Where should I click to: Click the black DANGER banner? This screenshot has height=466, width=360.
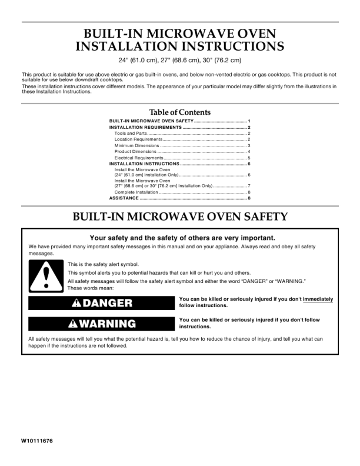[x=99, y=304]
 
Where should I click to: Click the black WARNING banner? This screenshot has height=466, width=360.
[x=99, y=324]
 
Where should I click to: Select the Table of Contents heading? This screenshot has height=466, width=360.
[x=180, y=112]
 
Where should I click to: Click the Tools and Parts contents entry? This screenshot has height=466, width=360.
[x=130, y=134]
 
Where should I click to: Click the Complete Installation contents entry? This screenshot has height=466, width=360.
[x=136, y=192]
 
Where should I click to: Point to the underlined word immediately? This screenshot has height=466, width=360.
[x=318, y=299]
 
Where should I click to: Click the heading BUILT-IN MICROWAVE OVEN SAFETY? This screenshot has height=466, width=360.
[x=180, y=217]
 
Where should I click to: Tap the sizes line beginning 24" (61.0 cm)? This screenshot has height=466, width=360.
[x=180, y=61]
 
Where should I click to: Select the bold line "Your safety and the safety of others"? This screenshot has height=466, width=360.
[x=180, y=238]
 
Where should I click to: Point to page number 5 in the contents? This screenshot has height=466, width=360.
[x=249, y=158]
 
